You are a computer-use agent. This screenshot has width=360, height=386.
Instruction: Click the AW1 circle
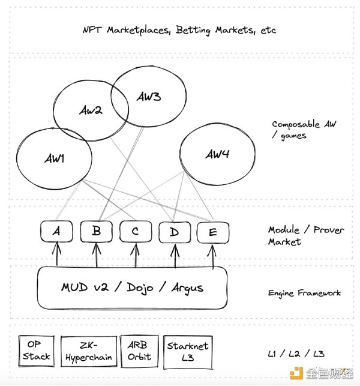(53, 158)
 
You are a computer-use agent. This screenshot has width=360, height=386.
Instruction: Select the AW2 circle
(90, 110)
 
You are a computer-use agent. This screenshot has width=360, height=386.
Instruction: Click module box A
(56, 232)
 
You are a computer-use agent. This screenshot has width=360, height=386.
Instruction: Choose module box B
(95, 232)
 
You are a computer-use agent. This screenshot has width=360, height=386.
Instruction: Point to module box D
(174, 232)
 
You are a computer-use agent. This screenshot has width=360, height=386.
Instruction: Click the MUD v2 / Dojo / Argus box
(132, 288)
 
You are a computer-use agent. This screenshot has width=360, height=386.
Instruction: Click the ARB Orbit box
(138, 351)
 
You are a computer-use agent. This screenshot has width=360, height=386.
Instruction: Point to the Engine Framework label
(304, 293)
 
